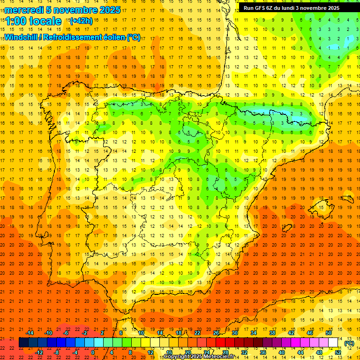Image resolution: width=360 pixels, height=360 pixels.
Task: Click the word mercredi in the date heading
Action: coord(24,10)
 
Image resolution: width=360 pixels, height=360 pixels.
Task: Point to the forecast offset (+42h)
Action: coord(81,21)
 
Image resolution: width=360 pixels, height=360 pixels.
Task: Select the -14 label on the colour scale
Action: coord(30,332)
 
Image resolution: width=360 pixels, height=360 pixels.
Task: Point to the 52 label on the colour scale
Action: coord(337,352)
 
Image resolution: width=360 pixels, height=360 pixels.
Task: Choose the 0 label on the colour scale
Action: coord(93,352)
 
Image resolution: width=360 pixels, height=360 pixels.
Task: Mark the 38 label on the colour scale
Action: coord(272,332)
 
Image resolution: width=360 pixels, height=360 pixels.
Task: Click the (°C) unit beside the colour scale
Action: coord(349,343)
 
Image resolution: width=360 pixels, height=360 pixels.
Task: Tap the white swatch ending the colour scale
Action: coord(333,343)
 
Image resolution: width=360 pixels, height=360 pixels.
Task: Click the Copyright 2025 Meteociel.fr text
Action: coord(199,357)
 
